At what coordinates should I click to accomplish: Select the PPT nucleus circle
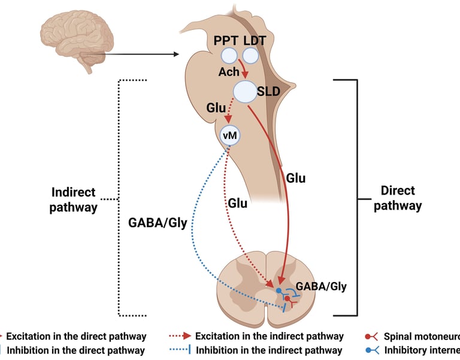pos(229,56)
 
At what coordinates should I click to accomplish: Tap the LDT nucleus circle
pos(250,56)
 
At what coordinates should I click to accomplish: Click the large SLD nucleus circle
pos(244,92)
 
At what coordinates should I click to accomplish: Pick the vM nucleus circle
pos(230,135)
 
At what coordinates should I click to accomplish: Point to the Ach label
pos(228,72)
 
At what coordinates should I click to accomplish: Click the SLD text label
pos(268,92)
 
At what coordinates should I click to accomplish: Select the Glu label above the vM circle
pos(216,107)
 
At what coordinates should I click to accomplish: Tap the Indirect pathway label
pos(74,199)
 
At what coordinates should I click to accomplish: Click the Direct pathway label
pos(401,198)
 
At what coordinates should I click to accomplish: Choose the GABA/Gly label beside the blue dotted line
pos(158,223)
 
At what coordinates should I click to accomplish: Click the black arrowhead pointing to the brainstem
pos(176,55)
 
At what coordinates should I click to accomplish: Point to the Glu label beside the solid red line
pos(296,178)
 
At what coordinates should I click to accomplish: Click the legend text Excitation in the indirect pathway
pos(269,336)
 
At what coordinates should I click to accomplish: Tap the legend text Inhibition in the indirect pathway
pos(269,350)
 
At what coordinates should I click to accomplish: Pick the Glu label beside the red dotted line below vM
pos(237,203)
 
